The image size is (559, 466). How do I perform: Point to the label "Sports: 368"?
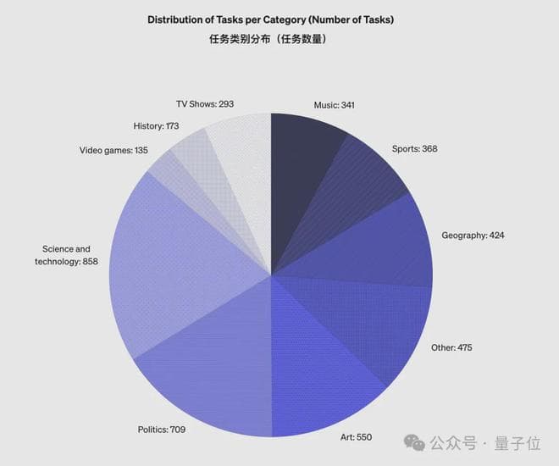(414, 149)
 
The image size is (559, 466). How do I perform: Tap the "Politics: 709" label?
(161, 430)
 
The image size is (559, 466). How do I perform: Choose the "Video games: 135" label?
(113, 150)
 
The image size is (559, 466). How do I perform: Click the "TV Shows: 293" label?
(204, 103)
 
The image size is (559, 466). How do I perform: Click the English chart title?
(271, 19)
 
